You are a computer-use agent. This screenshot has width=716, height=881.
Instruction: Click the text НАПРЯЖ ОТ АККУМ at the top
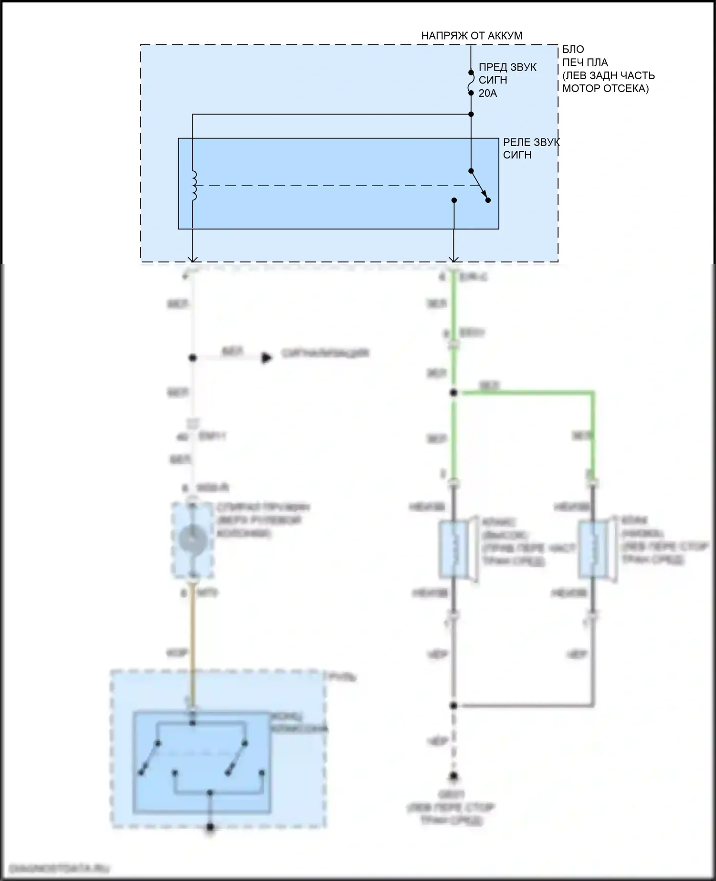(472, 35)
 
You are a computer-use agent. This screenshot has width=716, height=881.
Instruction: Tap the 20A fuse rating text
(487, 94)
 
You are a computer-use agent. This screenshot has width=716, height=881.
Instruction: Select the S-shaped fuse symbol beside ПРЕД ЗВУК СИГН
(471, 83)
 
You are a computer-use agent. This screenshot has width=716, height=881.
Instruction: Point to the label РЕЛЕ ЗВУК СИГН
(531, 148)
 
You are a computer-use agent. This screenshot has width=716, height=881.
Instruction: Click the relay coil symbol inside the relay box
(194, 185)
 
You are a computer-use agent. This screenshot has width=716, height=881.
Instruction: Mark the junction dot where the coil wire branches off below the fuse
(471, 114)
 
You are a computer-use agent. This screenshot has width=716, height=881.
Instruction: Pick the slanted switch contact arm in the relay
(479, 185)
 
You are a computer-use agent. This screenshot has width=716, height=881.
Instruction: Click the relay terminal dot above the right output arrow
(454, 200)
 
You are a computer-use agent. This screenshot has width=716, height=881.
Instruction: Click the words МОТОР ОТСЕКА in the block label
(605, 88)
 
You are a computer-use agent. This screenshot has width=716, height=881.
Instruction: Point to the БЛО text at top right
(573, 49)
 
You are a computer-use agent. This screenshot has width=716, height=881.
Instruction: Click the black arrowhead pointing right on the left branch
(267, 357)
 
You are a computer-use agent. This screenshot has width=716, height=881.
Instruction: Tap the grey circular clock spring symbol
(192, 540)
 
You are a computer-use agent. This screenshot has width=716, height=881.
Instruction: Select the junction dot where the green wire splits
(453, 393)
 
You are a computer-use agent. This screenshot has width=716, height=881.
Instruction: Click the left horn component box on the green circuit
(454, 549)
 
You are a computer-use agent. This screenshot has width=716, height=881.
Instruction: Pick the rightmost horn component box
(592, 549)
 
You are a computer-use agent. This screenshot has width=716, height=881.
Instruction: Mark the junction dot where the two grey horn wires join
(453, 705)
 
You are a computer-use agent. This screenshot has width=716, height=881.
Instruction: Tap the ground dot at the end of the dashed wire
(453, 776)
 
